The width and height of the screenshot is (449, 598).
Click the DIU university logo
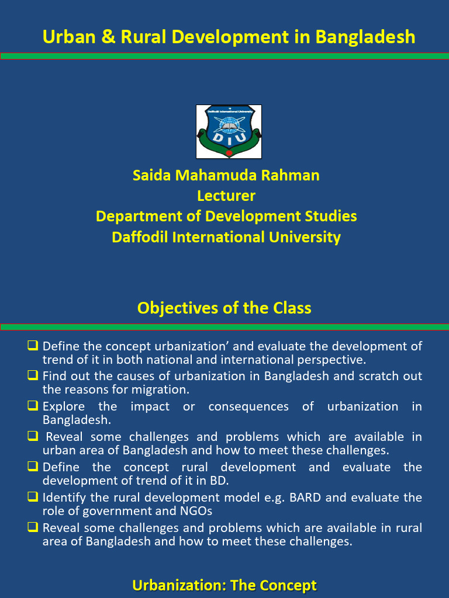[x=229, y=131]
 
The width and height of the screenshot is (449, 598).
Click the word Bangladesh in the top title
[x=365, y=37]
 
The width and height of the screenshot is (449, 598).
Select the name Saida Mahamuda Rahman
[x=226, y=175]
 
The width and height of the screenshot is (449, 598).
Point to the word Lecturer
[x=226, y=196]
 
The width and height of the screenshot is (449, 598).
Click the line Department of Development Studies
[x=226, y=216]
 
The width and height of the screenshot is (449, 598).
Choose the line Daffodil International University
[x=226, y=237]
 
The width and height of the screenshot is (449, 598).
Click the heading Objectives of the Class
[x=224, y=308]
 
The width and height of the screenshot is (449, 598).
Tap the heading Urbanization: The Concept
[x=224, y=585]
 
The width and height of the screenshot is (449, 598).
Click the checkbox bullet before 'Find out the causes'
[x=33, y=375]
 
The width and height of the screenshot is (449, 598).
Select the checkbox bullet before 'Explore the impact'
[x=33, y=405]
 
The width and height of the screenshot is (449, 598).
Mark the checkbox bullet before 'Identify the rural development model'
[x=33, y=496]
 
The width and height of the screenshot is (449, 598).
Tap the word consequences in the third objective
[x=248, y=406]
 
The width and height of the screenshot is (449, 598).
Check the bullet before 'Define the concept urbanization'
[x=33, y=345]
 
